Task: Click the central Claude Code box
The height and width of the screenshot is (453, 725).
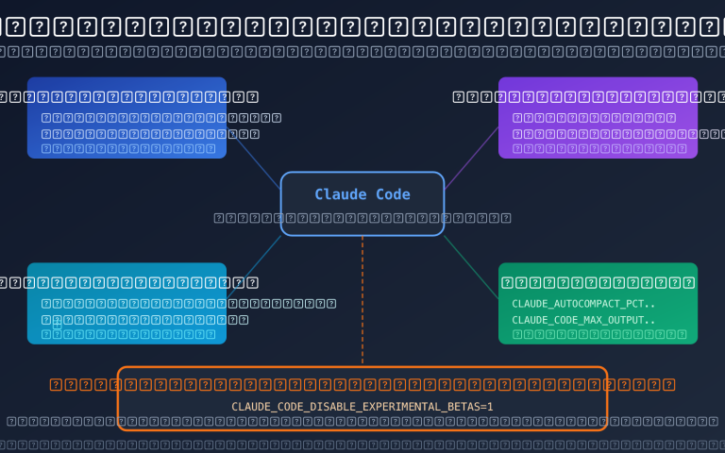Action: pyautogui.click(x=362, y=204)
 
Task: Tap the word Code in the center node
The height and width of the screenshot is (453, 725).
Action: pyautogui.click(x=394, y=194)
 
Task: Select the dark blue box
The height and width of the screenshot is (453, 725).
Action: pyautogui.click(x=126, y=117)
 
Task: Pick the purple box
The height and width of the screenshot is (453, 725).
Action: pyautogui.click(x=598, y=117)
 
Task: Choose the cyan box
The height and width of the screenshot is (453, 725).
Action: pyautogui.click(x=126, y=303)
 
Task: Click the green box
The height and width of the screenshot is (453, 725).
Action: pyautogui.click(x=598, y=303)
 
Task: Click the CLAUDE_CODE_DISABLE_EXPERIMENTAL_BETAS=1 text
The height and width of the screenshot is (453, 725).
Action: pyautogui.click(x=362, y=407)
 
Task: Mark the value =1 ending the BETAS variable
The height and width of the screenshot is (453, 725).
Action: pyautogui.click(x=487, y=407)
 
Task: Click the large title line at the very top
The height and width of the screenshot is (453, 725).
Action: pyautogui.click(x=362, y=26)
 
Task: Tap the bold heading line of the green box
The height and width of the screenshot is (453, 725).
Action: pyautogui.click(x=598, y=282)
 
